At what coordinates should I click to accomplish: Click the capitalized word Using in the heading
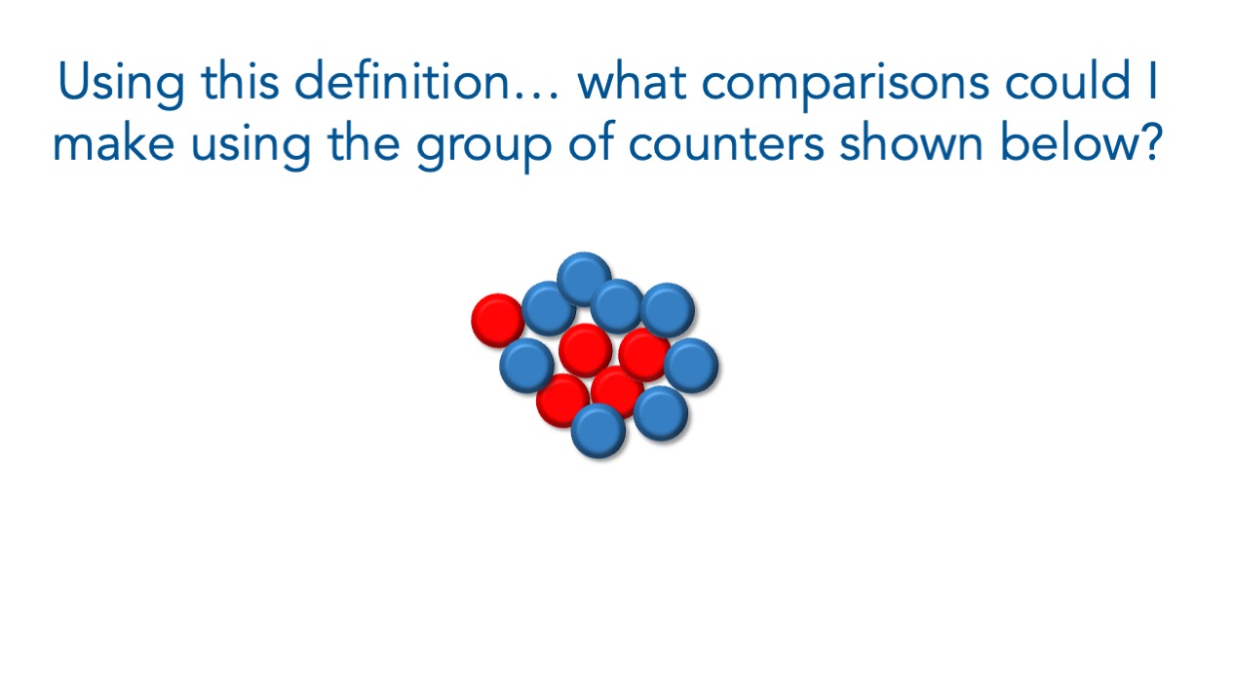coord(121,83)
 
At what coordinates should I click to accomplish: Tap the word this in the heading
coord(240,82)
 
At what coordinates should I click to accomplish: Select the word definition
coord(402,82)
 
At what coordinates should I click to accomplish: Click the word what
coord(632,83)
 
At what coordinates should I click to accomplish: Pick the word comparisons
coord(845,86)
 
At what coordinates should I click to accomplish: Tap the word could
coord(1068,82)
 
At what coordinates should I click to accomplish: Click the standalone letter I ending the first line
coord(1153,82)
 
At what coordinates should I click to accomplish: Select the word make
coord(114,142)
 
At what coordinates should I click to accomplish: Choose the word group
coord(483,146)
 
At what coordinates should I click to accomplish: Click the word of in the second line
coord(591,142)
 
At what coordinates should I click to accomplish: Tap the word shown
coord(911,142)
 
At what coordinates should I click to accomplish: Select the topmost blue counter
coord(584,279)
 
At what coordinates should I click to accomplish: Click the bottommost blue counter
coord(598,431)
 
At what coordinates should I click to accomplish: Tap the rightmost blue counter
coord(691,366)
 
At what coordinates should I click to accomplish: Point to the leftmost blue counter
coord(526,366)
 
